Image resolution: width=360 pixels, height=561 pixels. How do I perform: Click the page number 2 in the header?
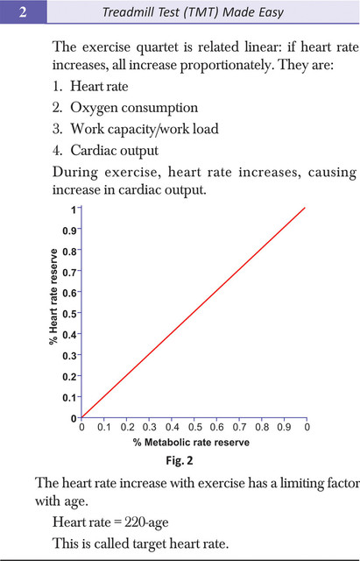tap(23, 12)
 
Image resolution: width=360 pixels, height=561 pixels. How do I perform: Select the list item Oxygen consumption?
tap(134, 108)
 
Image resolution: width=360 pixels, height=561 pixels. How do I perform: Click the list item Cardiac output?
tap(114, 150)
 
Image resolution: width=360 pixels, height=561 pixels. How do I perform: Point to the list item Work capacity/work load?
tap(145, 129)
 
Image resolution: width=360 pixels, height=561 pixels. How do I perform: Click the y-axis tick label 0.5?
tap(70, 314)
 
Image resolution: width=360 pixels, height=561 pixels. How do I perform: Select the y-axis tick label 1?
tap(74, 209)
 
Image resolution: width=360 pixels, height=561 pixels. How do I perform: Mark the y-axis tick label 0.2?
tap(70, 377)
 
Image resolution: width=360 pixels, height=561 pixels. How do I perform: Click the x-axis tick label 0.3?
tap(150, 427)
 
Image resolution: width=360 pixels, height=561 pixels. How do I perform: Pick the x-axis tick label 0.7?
tap(239, 427)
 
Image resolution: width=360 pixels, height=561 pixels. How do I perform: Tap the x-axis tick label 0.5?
tap(194, 427)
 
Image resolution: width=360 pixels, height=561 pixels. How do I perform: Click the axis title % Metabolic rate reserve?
tap(191, 443)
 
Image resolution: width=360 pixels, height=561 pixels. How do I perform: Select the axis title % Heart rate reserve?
tap(53, 296)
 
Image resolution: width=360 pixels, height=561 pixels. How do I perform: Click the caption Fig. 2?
tap(180, 460)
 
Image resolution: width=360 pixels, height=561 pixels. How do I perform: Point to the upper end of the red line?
tap(305, 208)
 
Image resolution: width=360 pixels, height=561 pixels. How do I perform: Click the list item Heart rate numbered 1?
tap(99, 86)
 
